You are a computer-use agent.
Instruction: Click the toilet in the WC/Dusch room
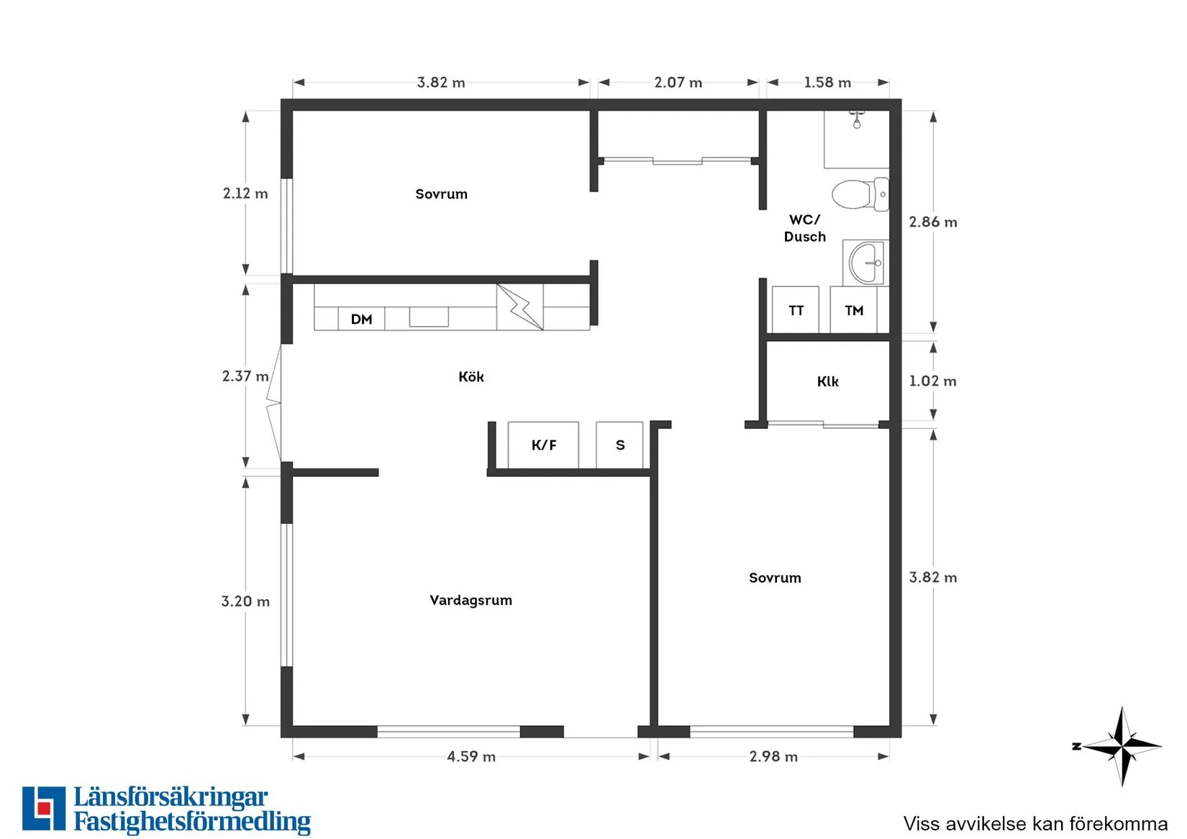(860, 194)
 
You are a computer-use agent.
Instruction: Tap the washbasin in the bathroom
(865, 263)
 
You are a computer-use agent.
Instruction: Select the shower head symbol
(857, 120)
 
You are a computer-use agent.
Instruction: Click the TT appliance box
(796, 310)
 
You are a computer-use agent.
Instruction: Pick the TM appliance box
(853, 310)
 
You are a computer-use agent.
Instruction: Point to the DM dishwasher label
(361, 319)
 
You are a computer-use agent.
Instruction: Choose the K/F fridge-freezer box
(543, 445)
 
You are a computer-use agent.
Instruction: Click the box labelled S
(619, 445)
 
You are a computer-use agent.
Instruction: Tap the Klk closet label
(828, 381)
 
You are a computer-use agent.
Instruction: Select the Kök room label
(471, 377)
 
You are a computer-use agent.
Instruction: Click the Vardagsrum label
(470, 601)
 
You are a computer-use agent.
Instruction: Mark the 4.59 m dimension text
(471, 756)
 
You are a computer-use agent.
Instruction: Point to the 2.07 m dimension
(678, 83)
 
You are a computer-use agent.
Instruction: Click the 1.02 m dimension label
(932, 381)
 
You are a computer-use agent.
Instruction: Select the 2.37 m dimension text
(245, 376)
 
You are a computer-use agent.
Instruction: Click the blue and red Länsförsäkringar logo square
(44, 808)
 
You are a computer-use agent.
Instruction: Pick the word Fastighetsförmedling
(192, 822)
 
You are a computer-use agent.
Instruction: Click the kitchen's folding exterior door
(273, 404)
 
